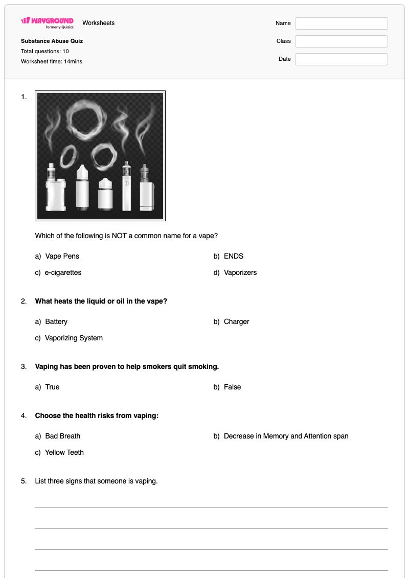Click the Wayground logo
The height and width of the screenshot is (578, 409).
point(47,22)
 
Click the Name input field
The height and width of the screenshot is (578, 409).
point(341,23)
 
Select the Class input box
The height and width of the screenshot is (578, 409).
point(341,41)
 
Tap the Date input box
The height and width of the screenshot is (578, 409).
point(341,59)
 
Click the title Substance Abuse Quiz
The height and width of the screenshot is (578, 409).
point(52,41)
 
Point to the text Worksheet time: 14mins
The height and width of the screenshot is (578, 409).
point(52,61)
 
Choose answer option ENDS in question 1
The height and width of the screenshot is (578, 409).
point(234,256)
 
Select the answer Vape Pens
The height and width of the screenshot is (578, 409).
point(62,256)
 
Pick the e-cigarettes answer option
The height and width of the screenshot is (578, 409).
point(63,273)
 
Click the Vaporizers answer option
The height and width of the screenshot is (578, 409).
point(240,273)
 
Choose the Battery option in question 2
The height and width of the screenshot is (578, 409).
point(56,322)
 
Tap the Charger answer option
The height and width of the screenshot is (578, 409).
point(236,322)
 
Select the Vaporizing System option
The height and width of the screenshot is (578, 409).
point(74,338)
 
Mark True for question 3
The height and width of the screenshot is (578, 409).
point(52,387)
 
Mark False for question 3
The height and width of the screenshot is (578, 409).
point(232,387)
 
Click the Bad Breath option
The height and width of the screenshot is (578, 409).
point(63,436)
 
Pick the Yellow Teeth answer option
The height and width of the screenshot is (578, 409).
point(64,452)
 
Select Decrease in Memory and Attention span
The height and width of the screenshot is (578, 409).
point(286,436)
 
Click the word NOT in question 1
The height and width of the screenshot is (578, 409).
point(119,236)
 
